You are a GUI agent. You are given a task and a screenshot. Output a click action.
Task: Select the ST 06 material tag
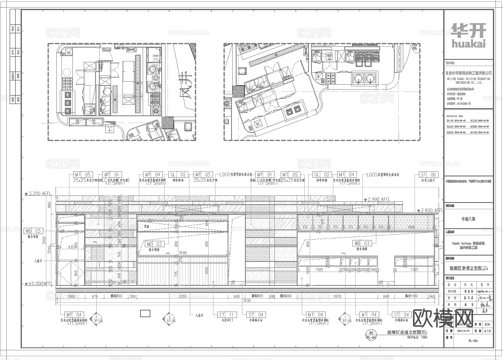coord(428,175)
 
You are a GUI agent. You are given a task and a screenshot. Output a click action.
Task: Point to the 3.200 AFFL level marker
coord(38,194)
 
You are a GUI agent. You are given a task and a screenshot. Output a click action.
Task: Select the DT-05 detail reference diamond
coord(169,317)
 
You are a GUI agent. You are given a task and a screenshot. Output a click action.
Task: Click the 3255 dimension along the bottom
coord(182,296)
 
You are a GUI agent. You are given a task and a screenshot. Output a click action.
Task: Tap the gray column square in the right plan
coord(239,91)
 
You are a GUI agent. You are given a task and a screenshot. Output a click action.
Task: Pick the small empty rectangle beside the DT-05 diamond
coord(145,313)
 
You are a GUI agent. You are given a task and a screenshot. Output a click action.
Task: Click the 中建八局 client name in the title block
coord(468,219)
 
